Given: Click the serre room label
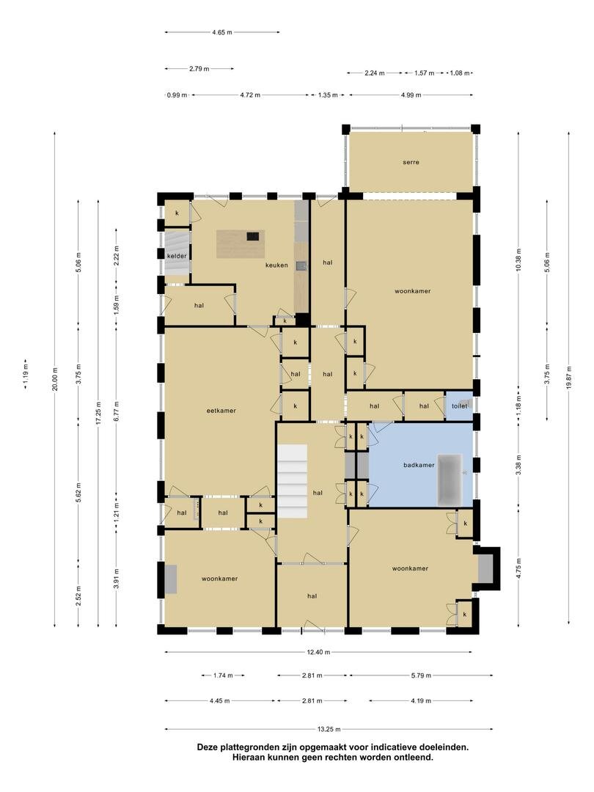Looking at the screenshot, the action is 411,163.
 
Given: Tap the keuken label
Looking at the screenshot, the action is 276,265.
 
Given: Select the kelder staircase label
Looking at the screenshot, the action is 177,256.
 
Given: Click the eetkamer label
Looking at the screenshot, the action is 221,411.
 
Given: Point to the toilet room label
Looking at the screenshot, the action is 459,406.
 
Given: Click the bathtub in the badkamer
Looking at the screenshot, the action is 450,480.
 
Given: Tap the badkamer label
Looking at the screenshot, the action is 419,465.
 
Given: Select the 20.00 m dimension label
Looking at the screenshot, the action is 55,379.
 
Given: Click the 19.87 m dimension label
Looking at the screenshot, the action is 568,378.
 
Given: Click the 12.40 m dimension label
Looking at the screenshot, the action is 319,652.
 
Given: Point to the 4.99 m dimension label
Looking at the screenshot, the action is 411,95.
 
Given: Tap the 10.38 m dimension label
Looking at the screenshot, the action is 518,260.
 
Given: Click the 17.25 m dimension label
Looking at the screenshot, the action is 98,413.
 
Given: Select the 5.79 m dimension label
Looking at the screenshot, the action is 421,675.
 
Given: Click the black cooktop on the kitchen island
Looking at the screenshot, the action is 253,236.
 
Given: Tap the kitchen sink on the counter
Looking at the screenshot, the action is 301,266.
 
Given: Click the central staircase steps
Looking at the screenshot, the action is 292,481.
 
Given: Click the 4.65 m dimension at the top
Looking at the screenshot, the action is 222,32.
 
